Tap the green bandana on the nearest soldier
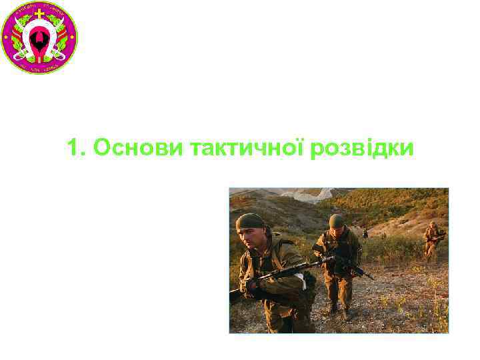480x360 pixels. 250,221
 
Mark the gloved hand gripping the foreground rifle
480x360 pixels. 251,287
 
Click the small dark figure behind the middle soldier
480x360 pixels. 365,233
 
